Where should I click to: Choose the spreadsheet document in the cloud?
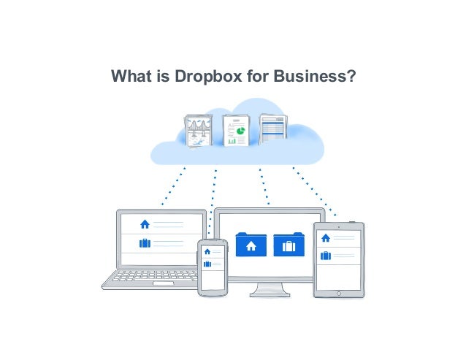[x=272, y=129]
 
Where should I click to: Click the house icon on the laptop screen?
[x=145, y=224]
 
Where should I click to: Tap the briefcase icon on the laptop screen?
[x=145, y=243]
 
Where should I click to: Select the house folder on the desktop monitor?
[x=251, y=245]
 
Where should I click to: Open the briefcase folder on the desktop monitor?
[x=289, y=245]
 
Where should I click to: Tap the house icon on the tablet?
[x=326, y=238]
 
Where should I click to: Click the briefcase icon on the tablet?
[x=326, y=256]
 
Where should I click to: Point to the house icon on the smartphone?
[x=207, y=252]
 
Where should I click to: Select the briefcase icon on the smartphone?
[x=207, y=264]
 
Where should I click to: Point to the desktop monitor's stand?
[x=270, y=289]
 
